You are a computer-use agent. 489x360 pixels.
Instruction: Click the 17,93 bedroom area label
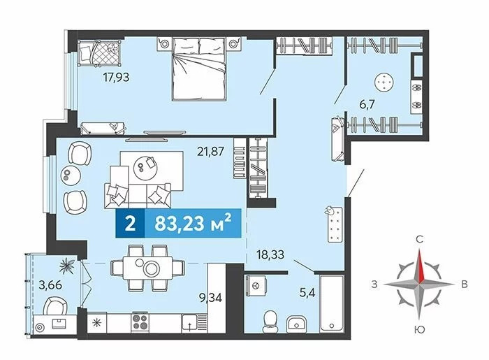tap(116, 77)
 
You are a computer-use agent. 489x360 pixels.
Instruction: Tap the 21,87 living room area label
tap(211, 151)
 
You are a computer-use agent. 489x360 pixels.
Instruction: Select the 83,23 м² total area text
tap(193, 223)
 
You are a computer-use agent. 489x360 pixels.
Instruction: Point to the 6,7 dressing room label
tap(367, 104)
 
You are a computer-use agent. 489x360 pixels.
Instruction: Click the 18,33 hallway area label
tap(270, 254)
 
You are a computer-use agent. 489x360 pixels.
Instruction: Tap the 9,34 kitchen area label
tap(211, 297)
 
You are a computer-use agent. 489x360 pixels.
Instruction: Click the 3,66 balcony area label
tap(50, 285)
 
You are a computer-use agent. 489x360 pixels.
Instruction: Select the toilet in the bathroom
tap(270, 322)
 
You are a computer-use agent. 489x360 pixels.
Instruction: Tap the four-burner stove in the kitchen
tap(140, 322)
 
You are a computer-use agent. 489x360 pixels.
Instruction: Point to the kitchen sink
tap(189, 323)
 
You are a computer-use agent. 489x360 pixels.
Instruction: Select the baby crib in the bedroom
tap(99, 53)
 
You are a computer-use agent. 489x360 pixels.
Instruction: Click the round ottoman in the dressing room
tap(384, 82)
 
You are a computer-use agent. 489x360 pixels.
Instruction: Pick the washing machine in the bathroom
tap(256, 285)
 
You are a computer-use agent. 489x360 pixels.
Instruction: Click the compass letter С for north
tap(420, 240)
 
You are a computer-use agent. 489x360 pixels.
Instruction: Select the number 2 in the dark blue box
tap(130, 224)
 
